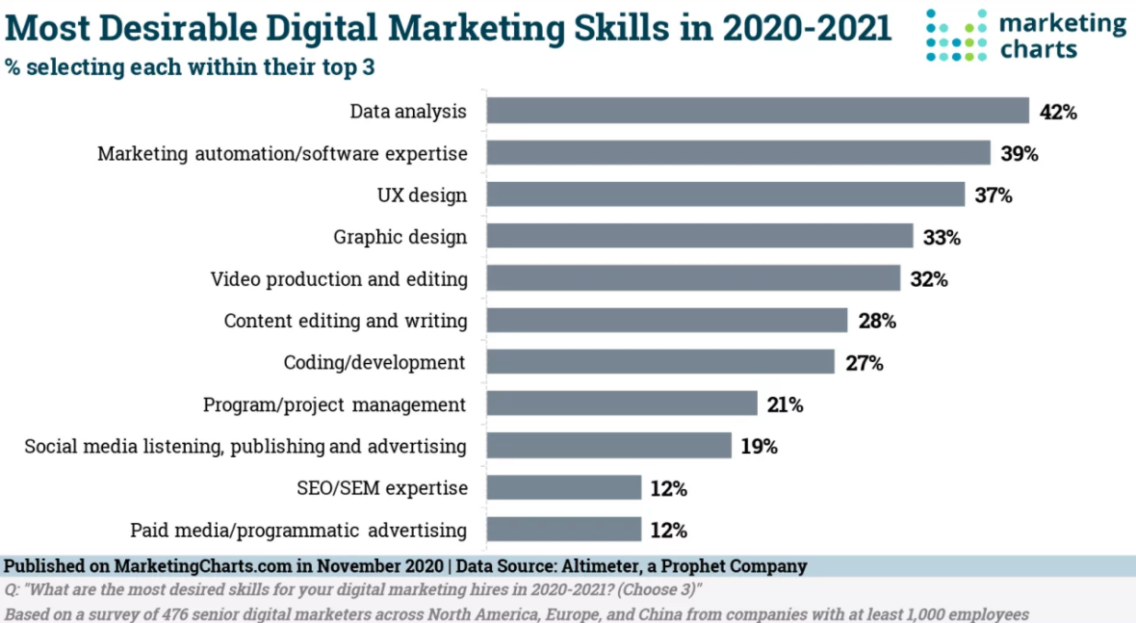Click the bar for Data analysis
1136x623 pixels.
point(757,111)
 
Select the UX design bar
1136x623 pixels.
point(725,195)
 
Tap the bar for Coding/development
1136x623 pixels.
point(659,362)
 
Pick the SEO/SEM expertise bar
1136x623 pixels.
point(563,488)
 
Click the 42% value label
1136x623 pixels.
point(1057,112)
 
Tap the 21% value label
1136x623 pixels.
point(785,404)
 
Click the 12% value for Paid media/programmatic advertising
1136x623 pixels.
point(667,531)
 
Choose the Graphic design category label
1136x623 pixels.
point(400,237)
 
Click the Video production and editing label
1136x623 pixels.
point(339,279)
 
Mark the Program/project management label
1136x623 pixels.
point(335,404)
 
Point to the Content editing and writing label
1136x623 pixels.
point(346,321)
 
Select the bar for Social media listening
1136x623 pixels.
point(608,446)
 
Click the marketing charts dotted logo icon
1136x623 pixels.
point(957,36)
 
